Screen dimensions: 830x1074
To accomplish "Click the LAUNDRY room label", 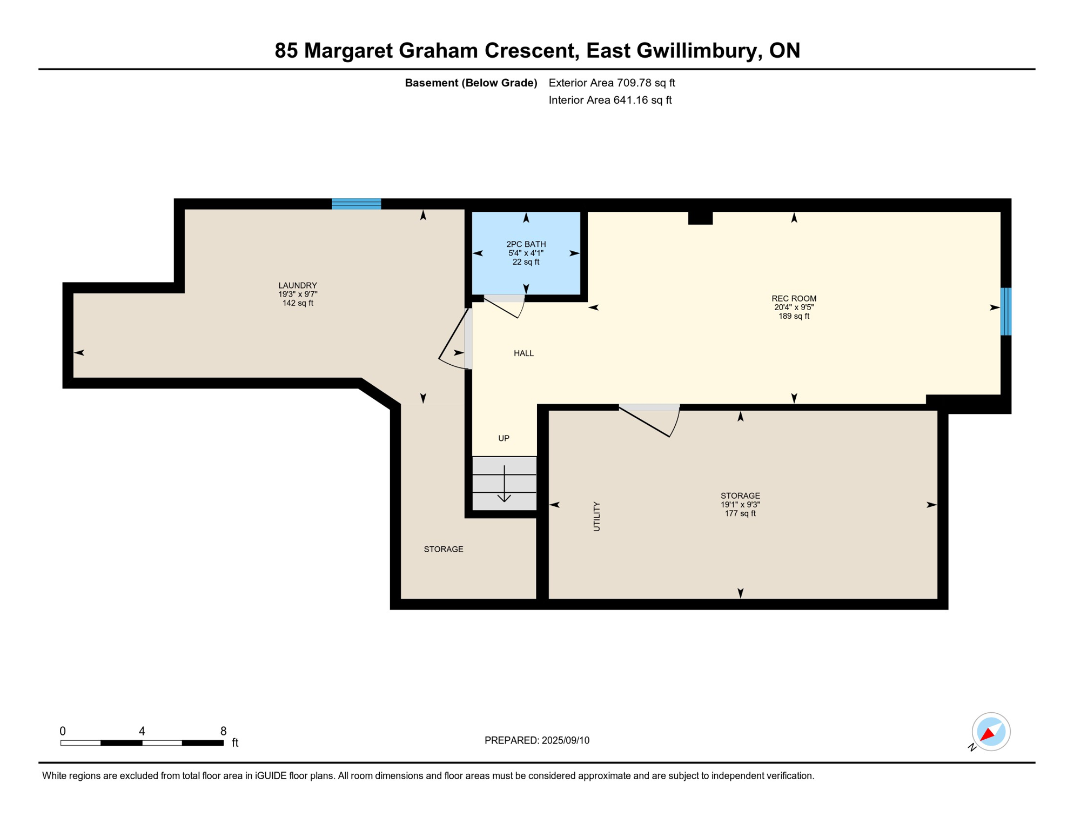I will pyautogui.click(x=298, y=285).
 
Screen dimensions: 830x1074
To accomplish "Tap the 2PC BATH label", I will pyautogui.click(x=526, y=244).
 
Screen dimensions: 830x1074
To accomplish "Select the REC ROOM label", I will pyautogui.click(x=794, y=298).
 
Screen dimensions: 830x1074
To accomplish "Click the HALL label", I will pyautogui.click(x=523, y=353).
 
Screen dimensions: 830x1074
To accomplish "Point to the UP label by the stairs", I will pyautogui.click(x=504, y=438).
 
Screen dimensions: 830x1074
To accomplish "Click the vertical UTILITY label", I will pyautogui.click(x=596, y=517).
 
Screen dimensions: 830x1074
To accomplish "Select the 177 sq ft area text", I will pyautogui.click(x=740, y=513).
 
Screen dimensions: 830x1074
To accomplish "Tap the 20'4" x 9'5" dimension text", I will pyautogui.click(x=794, y=307).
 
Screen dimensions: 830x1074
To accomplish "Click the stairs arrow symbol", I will pyautogui.click(x=504, y=484).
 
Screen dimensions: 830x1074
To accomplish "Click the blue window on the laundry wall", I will pyautogui.click(x=356, y=204).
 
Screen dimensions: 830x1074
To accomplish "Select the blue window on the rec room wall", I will pyautogui.click(x=1005, y=312).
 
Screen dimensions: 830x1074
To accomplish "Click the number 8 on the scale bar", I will pyautogui.click(x=223, y=731).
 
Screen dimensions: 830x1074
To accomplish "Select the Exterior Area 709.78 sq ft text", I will pyautogui.click(x=612, y=83).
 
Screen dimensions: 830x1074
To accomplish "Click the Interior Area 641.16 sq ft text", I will pyautogui.click(x=610, y=100).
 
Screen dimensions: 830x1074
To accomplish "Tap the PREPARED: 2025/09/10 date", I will pyautogui.click(x=536, y=740).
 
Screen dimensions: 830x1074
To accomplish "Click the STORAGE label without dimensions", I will pyautogui.click(x=443, y=549).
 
